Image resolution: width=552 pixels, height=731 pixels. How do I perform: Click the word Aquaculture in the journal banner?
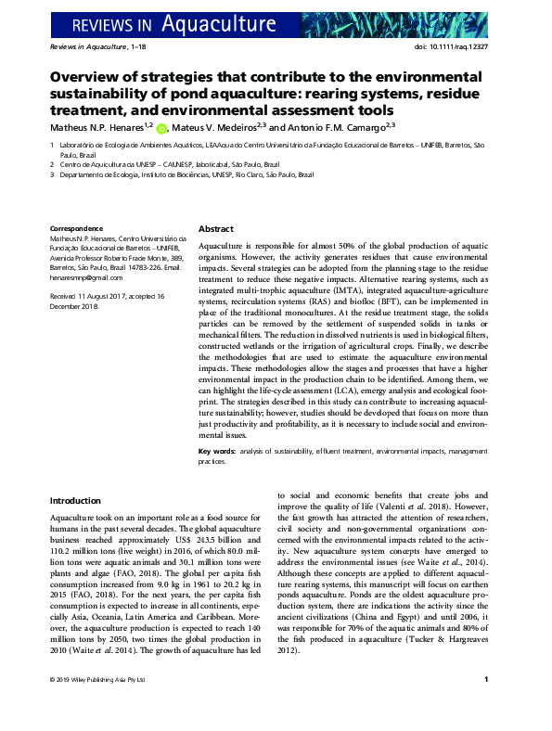[219, 20]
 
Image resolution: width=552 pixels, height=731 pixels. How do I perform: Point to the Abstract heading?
[216, 229]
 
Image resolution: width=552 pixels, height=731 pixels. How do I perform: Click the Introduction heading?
[75, 500]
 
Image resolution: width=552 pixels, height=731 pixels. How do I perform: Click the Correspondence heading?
[76, 229]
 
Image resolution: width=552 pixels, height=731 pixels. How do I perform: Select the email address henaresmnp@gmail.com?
[85, 277]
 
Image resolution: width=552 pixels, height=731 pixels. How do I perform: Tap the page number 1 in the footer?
[487, 706]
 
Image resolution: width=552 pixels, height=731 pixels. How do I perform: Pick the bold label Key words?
[217, 451]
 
